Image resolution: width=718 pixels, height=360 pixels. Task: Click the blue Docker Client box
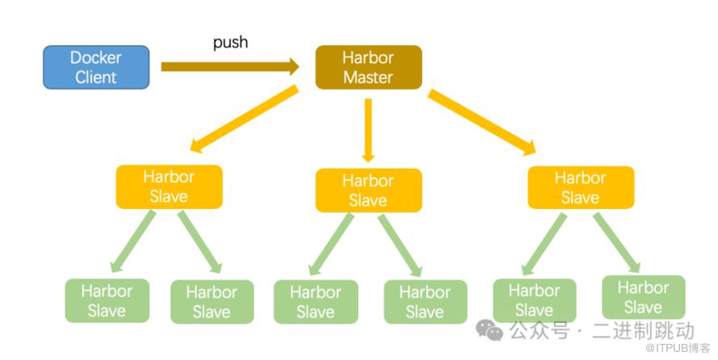pyautogui.click(x=96, y=67)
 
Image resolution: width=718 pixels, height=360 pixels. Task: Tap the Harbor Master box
pyautogui.click(x=368, y=67)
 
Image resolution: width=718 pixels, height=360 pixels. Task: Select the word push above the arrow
pyautogui.click(x=230, y=42)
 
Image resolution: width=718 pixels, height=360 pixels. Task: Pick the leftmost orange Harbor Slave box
pyautogui.click(x=169, y=186)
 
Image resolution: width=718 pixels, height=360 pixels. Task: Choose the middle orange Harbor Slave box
pyautogui.click(x=368, y=190)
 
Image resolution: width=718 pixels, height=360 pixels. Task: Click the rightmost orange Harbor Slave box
pyautogui.click(x=580, y=187)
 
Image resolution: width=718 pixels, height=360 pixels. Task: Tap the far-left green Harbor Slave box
pyautogui.click(x=106, y=299)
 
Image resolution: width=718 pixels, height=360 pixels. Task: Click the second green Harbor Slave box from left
pyautogui.click(x=211, y=301)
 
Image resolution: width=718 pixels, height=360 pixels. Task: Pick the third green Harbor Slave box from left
pyautogui.click(x=315, y=302)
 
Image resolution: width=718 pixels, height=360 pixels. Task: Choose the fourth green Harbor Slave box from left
pyautogui.click(x=425, y=302)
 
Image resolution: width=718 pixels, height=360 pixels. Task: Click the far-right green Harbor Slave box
pyautogui.click(x=643, y=297)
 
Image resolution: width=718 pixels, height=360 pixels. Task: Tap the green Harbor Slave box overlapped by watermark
pyautogui.click(x=534, y=299)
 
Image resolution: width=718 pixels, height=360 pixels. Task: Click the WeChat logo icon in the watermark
pyautogui.click(x=489, y=329)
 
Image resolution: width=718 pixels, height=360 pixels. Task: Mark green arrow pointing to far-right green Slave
pyautogui.click(x=620, y=241)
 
